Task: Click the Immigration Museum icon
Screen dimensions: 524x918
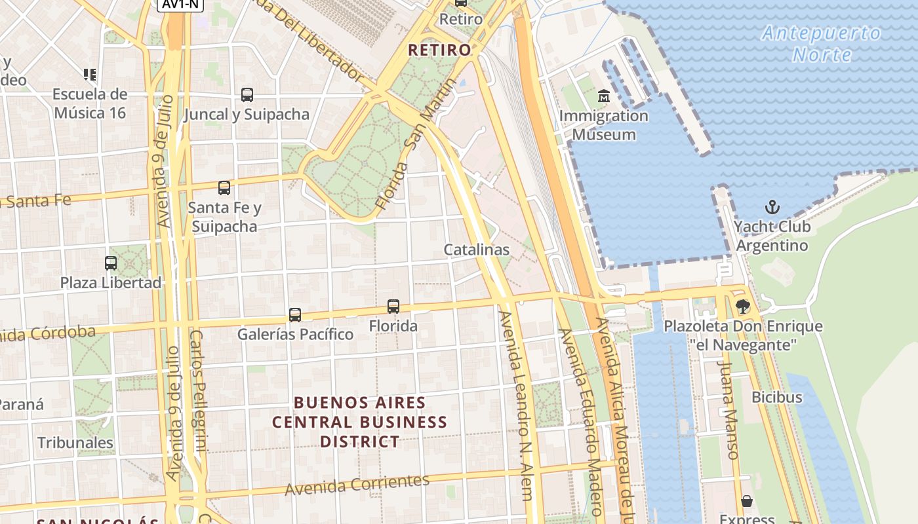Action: pos(603,97)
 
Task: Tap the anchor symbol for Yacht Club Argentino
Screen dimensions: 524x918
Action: pos(772,208)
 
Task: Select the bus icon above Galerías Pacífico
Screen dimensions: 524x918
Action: pos(295,315)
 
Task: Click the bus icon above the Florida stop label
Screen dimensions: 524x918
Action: pos(393,306)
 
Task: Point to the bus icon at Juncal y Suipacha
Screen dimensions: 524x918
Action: pos(247,95)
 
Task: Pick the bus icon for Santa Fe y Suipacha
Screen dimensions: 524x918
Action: pos(224,188)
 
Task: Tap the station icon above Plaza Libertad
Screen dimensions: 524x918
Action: pos(111,263)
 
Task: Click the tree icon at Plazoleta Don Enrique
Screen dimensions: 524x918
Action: pos(742,306)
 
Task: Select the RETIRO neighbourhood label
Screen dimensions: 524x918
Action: pos(439,50)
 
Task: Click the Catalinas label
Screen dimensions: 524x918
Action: pos(476,250)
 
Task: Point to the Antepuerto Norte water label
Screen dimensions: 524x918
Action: pos(822,43)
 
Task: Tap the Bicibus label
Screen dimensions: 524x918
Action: pos(776,397)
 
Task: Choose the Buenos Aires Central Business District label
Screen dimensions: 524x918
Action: pos(359,422)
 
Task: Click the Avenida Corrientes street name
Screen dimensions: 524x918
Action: pos(357,485)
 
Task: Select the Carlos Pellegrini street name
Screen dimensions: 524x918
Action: pos(198,390)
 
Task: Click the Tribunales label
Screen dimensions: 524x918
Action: pos(75,443)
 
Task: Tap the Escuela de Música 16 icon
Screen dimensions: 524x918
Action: pos(90,75)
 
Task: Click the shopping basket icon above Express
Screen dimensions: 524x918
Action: pos(746,502)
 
